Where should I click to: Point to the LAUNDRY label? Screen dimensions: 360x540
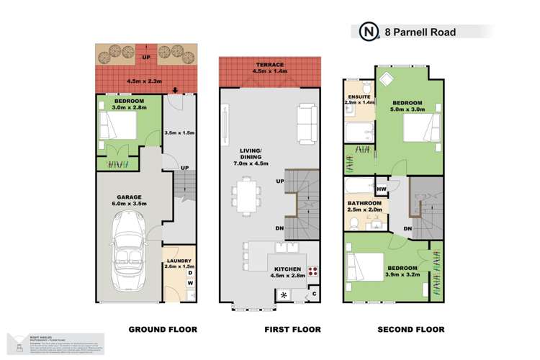[x=177, y=261]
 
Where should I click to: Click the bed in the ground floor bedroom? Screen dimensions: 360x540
[x=117, y=129]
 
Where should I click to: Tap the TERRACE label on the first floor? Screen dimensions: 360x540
[x=269, y=63]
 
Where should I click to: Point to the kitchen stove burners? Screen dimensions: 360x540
[x=314, y=271]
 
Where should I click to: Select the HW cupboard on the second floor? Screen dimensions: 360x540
[x=382, y=189]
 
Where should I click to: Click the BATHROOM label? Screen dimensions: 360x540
[x=364, y=203]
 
